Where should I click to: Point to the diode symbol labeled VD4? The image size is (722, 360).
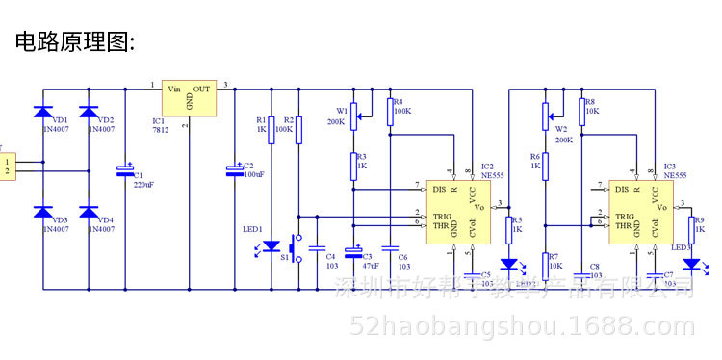tap(90, 212)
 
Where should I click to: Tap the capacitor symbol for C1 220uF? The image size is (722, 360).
tap(125, 170)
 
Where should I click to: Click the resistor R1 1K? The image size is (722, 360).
tap(271, 129)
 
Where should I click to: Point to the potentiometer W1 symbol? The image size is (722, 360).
tap(354, 115)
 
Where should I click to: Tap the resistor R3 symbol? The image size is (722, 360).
tap(354, 166)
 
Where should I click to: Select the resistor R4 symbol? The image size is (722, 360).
tap(391, 110)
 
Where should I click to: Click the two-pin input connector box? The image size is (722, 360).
tap(9, 166)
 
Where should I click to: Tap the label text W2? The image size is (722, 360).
tap(561, 129)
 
